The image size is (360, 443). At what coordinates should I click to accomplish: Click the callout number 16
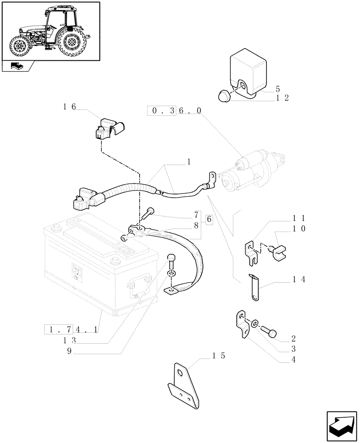point(70,106)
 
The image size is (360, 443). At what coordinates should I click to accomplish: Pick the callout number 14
point(299,280)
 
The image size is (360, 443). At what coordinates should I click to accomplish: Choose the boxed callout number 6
point(209,219)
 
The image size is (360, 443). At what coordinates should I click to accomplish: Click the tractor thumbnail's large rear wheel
point(71,43)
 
